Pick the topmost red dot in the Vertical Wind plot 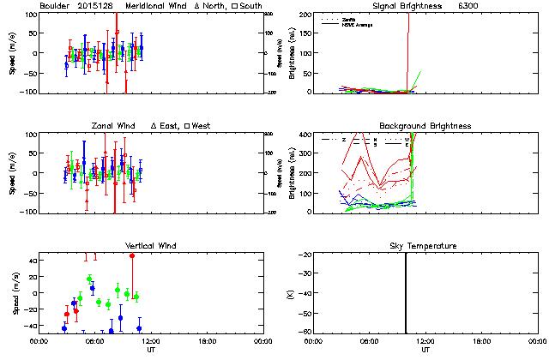[132, 255]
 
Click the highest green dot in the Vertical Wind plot [89, 279]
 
